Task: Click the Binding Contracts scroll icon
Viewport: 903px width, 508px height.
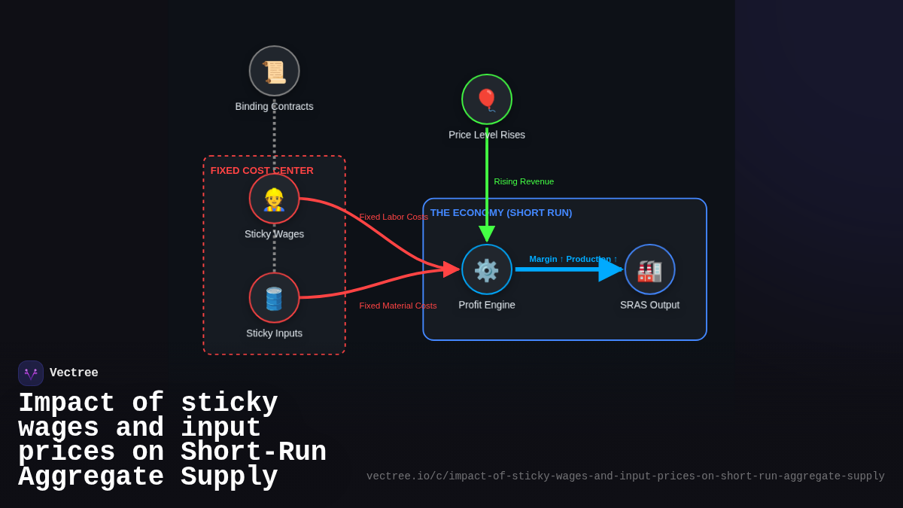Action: pos(274,71)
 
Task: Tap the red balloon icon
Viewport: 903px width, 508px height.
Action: pos(487,99)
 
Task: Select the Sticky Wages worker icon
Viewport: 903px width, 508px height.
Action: pos(274,199)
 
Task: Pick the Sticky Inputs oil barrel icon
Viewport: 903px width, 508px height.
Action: pos(274,298)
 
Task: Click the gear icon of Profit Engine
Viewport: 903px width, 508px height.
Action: pos(487,269)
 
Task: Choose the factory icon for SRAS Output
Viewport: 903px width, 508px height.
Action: pos(649,269)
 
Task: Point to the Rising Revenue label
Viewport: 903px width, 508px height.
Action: pos(524,181)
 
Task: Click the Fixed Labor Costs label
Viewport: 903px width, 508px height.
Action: pos(394,217)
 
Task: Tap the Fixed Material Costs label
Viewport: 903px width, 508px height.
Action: pos(398,306)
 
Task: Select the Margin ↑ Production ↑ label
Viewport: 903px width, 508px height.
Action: pos(573,259)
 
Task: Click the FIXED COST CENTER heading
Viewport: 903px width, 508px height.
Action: pos(262,171)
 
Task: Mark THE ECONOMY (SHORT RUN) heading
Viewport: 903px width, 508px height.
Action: pos(501,213)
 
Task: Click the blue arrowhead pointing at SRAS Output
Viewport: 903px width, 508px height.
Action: pos(610,269)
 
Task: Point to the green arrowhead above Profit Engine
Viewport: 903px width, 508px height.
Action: pos(487,233)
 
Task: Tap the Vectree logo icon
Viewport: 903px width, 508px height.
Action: pos(31,373)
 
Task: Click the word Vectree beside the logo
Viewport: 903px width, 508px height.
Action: pos(74,373)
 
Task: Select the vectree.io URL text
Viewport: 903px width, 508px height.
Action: pos(625,476)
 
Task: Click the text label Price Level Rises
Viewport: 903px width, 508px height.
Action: pos(487,135)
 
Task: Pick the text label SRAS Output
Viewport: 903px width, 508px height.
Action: pos(649,305)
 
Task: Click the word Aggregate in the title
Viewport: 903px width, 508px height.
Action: pos(90,477)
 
